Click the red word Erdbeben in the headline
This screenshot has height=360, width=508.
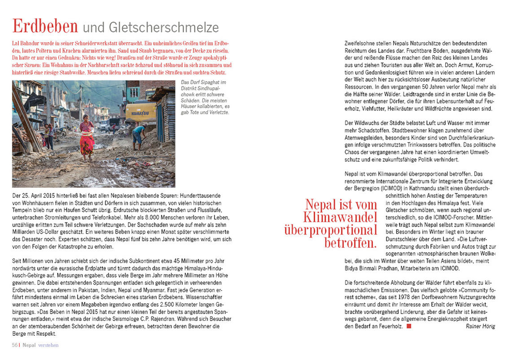click(45, 27)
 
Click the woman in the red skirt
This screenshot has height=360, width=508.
click(87, 138)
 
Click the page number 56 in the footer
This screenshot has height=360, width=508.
click(14, 345)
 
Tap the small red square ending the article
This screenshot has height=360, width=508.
click(408, 326)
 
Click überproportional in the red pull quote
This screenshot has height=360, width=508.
click(331, 230)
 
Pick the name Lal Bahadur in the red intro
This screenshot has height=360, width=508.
click(27, 42)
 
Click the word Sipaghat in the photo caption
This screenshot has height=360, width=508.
click(210, 83)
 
